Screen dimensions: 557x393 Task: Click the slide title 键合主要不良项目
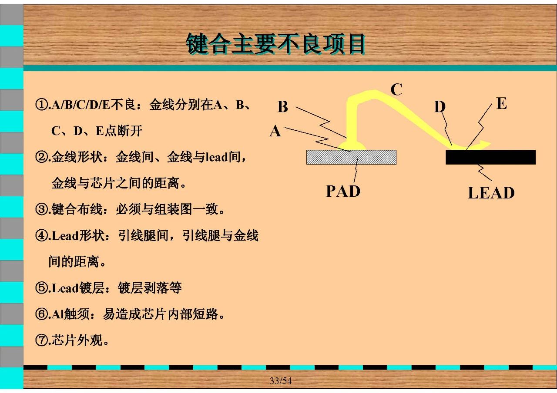click(275, 44)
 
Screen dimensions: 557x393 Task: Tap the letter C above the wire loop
click(396, 89)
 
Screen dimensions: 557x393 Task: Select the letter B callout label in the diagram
click(283, 107)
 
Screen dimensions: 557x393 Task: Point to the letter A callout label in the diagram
click(275, 131)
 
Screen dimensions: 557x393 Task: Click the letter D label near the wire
click(440, 106)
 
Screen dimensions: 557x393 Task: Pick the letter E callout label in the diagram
click(502, 103)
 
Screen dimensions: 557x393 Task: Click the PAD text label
click(343, 191)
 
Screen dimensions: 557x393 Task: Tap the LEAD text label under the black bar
click(491, 193)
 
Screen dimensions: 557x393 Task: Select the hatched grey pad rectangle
click(351, 157)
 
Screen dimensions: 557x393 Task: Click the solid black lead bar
click(490, 157)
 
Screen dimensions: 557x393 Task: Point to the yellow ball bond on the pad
click(352, 146)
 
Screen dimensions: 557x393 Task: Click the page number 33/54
click(281, 380)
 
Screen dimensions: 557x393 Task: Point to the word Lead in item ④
click(65, 235)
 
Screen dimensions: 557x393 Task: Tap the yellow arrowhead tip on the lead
click(490, 143)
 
